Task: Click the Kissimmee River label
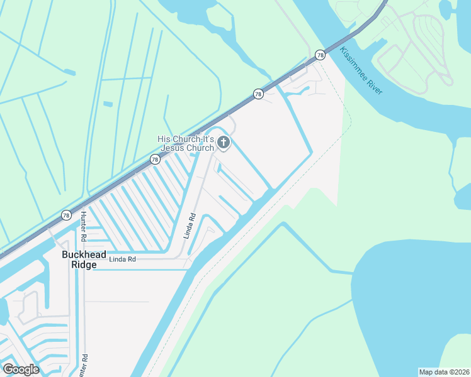point(361,70)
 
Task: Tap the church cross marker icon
point(223,143)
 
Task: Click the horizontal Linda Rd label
point(122,259)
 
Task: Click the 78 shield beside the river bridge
point(321,55)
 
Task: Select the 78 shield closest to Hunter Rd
point(66,215)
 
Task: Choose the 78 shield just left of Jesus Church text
point(155,160)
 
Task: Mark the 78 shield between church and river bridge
point(258,94)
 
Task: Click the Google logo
point(21,369)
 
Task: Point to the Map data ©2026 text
point(444,371)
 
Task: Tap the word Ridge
point(84,265)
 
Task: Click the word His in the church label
point(164,139)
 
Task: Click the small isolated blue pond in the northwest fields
point(108,104)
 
